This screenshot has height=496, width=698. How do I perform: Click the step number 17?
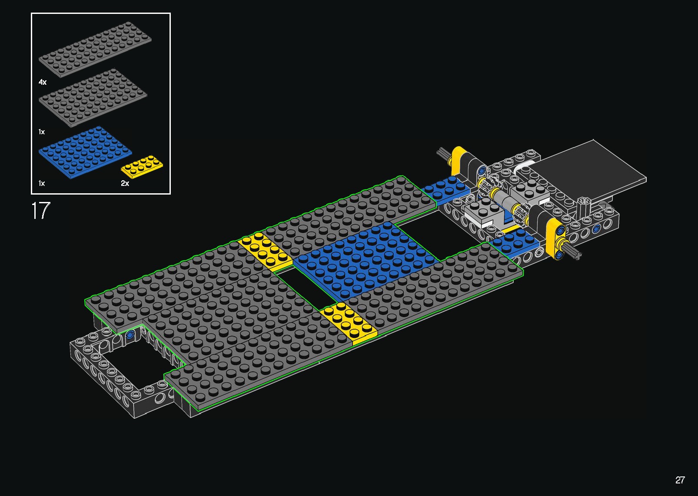40,211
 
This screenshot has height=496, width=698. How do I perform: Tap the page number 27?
680,480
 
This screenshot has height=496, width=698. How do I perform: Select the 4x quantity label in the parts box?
43,82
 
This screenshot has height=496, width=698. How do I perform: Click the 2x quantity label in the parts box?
125,183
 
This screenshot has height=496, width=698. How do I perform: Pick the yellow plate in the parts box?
142,167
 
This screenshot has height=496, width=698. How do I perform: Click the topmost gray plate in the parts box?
95,49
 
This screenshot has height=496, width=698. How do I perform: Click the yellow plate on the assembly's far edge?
264,252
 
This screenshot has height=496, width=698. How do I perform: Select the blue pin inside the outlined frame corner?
130,335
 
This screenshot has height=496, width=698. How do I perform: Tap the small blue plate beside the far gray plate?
445,189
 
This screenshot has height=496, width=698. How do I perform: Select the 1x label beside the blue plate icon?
42,183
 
